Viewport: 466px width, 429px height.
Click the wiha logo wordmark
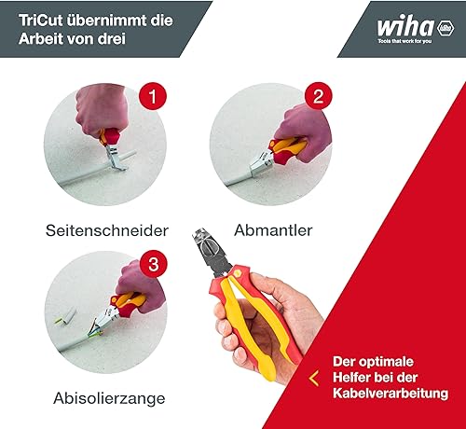tap(405, 26)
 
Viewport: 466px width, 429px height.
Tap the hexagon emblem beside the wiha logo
tap(445, 28)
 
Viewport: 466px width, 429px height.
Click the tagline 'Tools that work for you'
tap(404, 41)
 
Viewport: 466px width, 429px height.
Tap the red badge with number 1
tap(153, 96)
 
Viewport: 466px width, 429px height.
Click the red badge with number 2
tap(319, 96)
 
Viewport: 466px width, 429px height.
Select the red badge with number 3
tap(154, 264)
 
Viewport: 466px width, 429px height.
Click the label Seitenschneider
tap(107, 230)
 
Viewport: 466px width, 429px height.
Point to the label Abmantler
tap(273, 230)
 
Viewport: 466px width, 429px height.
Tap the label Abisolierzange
tap(109, 398)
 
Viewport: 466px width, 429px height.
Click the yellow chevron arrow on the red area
tap(314, 379)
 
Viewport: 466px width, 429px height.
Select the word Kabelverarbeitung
tap(391, 394)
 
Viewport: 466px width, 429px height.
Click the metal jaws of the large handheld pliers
tap(212, 252)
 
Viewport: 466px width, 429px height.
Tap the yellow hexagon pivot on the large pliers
tap(238, 272)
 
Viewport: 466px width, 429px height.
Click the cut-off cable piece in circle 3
tap(66, 315)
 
